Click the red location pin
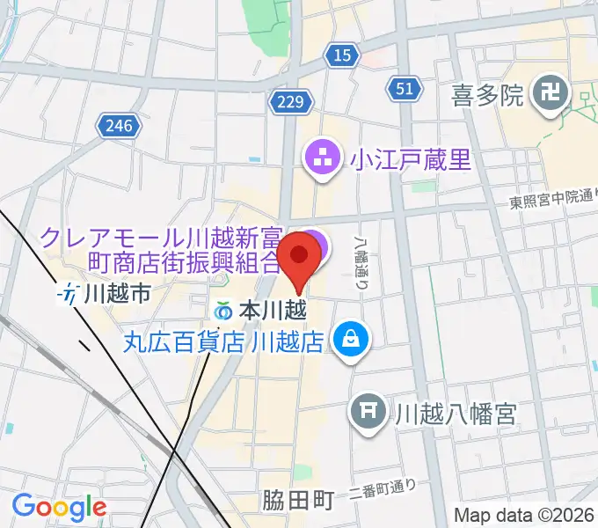coord(299,258)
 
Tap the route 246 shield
coord(117,125)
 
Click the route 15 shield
coord(343,56)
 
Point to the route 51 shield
coord(405,89)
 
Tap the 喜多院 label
coord(487,92)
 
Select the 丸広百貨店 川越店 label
coord(224,339)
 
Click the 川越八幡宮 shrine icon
coord(368,410)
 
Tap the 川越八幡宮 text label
coord(454,411)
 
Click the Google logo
coord(59,507)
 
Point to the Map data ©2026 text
coord(523,515)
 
